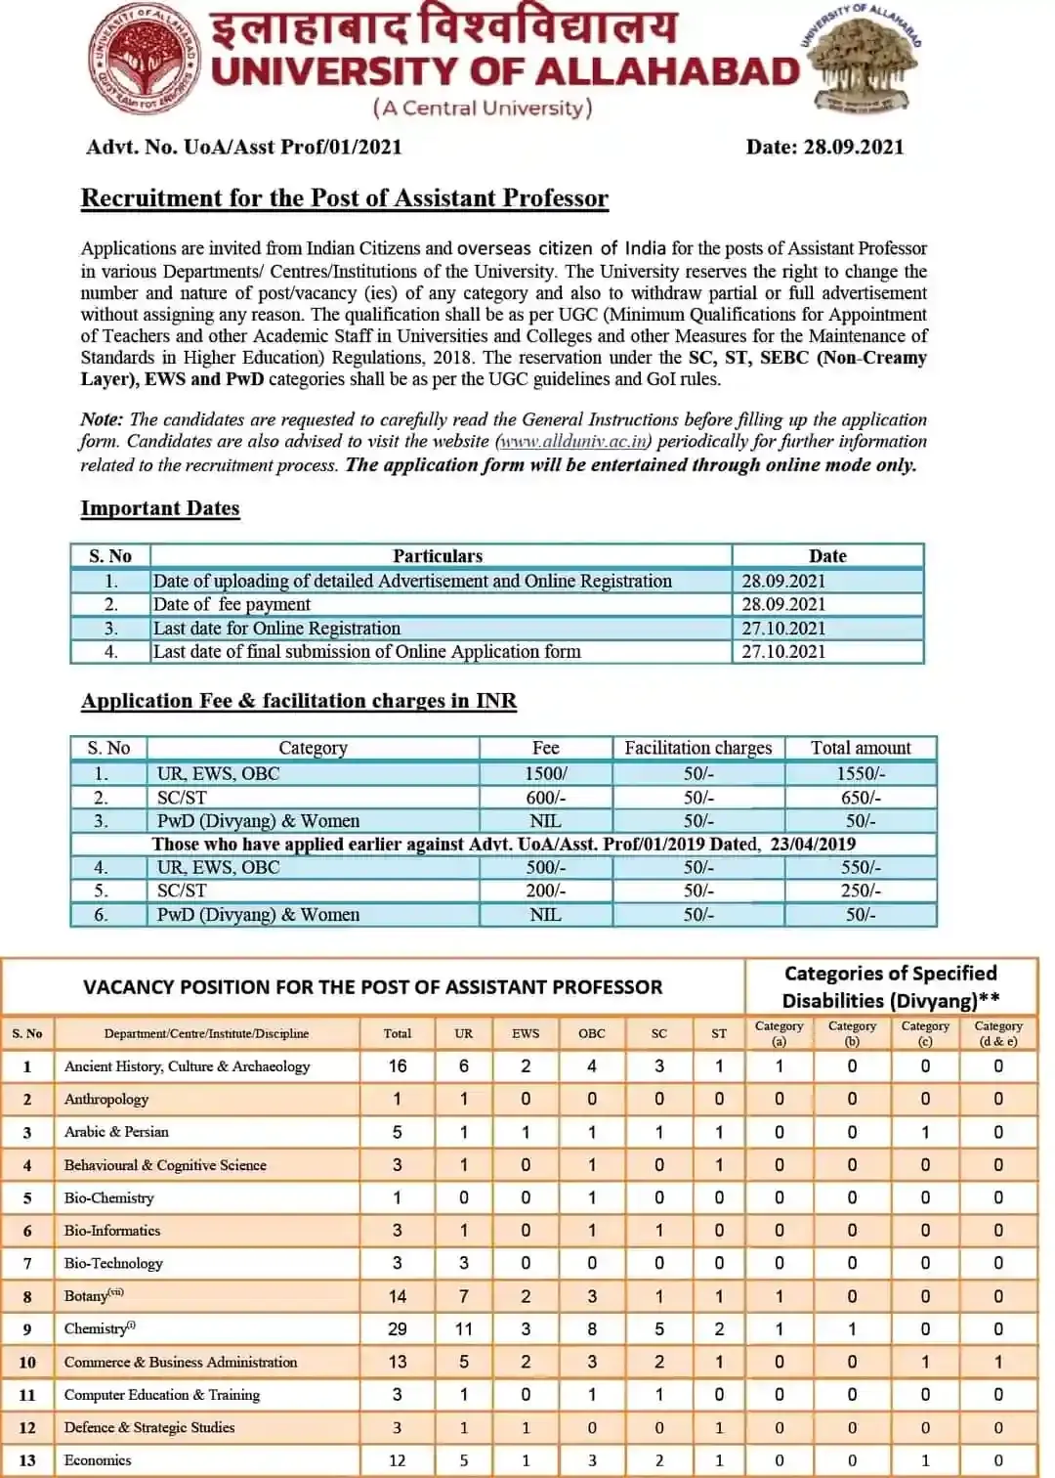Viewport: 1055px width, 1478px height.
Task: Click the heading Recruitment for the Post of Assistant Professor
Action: coord(344,198)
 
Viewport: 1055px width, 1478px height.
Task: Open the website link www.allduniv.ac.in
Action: coord(573,442)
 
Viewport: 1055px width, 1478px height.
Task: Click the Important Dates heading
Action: coord(159,508)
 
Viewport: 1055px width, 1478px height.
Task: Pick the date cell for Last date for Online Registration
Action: coord(783,629)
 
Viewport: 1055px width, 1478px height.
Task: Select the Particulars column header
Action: coord(438,556)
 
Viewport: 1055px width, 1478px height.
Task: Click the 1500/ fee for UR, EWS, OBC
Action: coord(545,773)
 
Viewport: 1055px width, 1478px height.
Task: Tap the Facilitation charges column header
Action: coord(697,748)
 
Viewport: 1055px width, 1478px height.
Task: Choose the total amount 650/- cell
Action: coord(860,798)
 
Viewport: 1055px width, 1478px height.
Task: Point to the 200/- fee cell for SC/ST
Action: coord(545,891)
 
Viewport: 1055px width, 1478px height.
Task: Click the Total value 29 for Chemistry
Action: coord(397,1329)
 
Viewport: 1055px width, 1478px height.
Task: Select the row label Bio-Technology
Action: coord(113,1263)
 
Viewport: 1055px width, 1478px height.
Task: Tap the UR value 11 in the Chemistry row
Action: coord(463,1329)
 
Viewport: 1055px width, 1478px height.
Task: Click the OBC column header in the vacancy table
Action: coord(591,1033)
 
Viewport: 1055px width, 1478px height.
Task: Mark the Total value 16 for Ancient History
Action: coord(397,1066)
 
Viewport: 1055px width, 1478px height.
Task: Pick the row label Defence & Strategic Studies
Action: coord(149,1427)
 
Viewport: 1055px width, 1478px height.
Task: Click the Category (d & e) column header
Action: coord(997,1033)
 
